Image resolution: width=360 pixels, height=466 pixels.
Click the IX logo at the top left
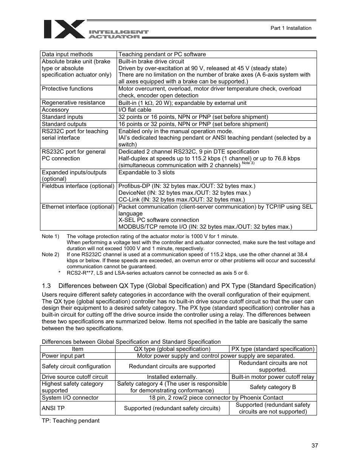click(64, 29)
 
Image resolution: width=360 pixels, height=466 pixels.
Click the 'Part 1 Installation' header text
click(291, 28)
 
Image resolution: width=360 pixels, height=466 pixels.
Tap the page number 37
click(315, 446)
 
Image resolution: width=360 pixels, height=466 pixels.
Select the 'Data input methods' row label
click(67, 54)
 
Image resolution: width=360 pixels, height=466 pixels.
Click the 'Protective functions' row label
click(67, 89)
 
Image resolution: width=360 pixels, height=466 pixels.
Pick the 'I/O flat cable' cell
click(135, 110)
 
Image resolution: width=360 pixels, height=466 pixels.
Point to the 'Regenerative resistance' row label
click(73, 103)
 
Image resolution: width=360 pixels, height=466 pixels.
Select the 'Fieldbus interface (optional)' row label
click(78, 186)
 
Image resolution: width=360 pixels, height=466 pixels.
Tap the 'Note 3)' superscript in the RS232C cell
click(248, 163)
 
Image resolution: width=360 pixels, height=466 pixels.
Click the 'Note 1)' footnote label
click(50, 237)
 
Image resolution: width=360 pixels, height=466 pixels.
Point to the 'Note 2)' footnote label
click(50, 255)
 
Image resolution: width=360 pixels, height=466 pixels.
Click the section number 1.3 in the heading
click(46, 286)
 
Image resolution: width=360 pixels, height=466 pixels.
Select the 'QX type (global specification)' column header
click(172, 349)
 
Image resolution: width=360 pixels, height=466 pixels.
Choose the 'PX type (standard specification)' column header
click(272, 349)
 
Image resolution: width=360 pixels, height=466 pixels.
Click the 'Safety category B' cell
click(272, 387)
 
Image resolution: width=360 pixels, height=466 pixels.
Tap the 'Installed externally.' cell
click(172, 377)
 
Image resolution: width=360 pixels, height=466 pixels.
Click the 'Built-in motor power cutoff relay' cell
click(272, 377)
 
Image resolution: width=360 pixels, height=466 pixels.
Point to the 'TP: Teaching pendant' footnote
click(71, 421)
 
